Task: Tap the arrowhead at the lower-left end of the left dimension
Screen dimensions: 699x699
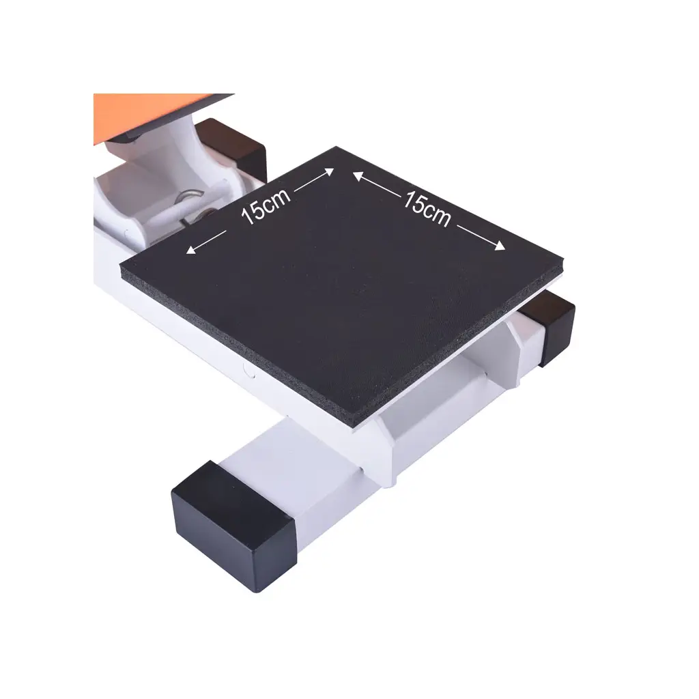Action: [191, 250]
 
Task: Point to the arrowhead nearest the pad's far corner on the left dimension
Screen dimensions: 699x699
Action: [328, 171]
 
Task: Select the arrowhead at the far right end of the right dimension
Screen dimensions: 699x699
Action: [499, 246]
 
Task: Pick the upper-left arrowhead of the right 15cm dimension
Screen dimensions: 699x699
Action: [358, 176]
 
